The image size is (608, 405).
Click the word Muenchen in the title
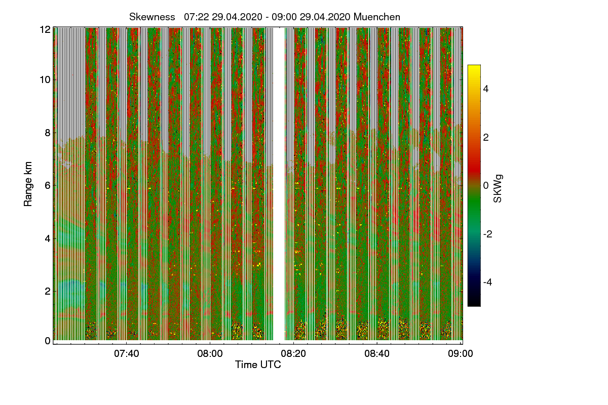pos(377,17)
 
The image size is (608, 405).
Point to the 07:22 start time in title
pos(197,17)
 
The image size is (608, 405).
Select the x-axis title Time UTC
pos(257,364)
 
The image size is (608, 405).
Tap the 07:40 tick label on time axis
pos(126,353)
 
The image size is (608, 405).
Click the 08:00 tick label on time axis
pos(210,353)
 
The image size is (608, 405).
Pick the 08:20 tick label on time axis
pos(293,353)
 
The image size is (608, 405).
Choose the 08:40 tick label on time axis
pos(377,353)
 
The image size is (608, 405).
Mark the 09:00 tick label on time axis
pos(460,353)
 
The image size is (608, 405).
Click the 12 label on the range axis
pos(45,29)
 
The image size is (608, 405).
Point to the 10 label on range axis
pos(45,79)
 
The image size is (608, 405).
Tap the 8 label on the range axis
pos(48,133)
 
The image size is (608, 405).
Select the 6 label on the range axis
pos(48,185)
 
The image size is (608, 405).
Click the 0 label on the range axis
pos(48,341)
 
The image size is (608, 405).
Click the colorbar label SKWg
pos(499,186)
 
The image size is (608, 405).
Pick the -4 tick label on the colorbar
pos(489,282)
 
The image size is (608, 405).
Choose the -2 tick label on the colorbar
pos(489,234)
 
